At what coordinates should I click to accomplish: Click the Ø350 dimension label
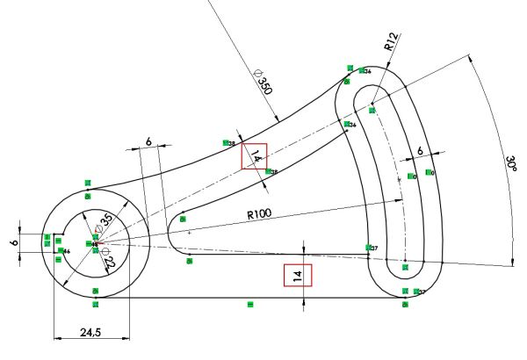262,82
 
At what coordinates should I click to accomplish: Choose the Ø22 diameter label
109,261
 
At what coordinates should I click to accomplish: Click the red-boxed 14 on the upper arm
255,156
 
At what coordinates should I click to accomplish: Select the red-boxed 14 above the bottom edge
298,276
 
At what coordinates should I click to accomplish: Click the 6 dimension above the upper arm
148,141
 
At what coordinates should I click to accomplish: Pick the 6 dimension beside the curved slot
420,151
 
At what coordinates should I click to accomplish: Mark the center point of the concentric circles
94,245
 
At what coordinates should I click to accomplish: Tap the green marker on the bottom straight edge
250,304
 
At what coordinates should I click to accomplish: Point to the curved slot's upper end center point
372,110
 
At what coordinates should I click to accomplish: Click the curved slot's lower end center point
404,264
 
